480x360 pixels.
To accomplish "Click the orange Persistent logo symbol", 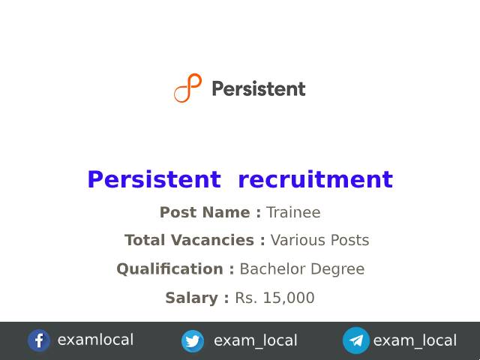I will pos(187,88).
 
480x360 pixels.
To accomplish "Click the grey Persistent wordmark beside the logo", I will pos(258,89).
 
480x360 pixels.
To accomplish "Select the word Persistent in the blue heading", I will pos(154,180).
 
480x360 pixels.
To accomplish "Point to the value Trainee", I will pos(293,213).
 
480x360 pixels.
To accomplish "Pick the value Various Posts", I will pos(319,241).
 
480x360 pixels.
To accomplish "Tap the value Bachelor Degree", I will pos(301,269).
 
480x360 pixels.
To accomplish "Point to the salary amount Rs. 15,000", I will pos(274,298).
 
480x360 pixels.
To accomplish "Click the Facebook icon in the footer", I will pos(39,340).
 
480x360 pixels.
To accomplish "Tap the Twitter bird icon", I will pos(193,341).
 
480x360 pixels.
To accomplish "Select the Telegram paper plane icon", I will pos(356,340).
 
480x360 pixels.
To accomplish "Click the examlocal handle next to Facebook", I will pos(95,340).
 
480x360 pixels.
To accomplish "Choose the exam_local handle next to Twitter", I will pos(255,341).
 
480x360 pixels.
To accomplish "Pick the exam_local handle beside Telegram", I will pos(415,341).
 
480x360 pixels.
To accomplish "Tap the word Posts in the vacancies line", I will pos(349,241).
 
